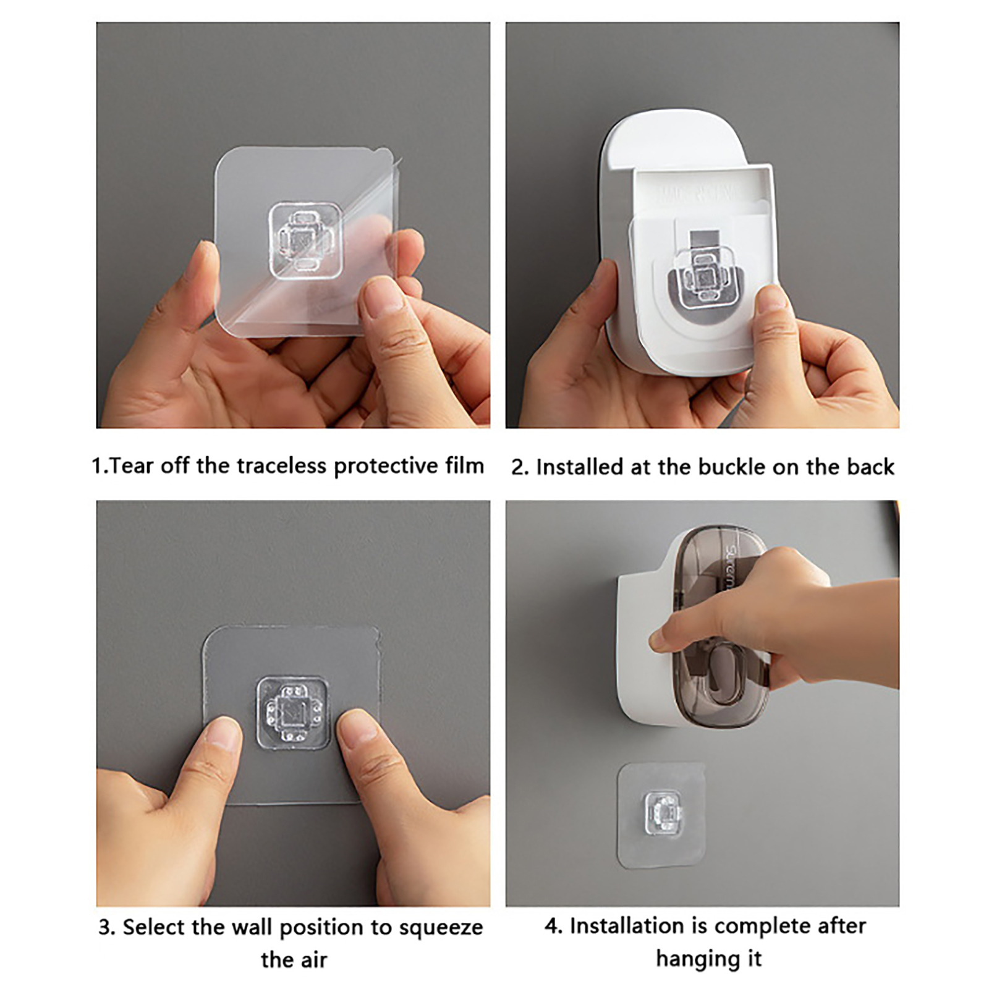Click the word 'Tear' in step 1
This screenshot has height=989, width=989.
[132, 465]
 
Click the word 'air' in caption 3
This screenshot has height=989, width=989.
[313, 959]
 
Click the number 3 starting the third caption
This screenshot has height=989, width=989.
[106, 928]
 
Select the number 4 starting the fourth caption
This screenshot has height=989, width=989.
[552, 926]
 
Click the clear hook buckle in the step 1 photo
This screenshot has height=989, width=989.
[305, 240]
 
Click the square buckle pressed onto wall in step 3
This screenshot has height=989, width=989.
[292, 713]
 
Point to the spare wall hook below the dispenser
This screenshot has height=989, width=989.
[662, 815]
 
